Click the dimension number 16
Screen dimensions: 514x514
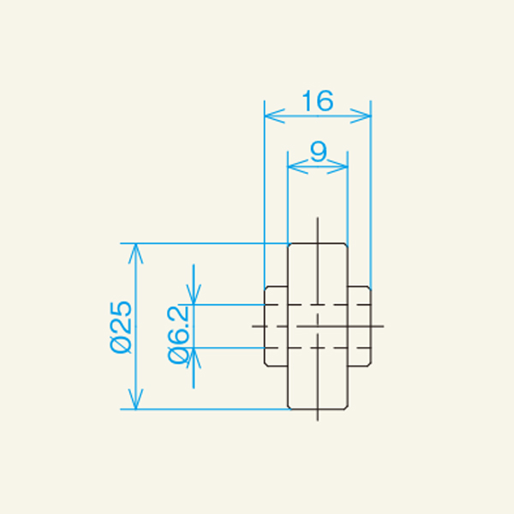pos(317,101)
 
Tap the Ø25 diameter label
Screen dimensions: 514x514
pos(121,326)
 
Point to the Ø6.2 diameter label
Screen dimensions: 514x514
pos(178,334)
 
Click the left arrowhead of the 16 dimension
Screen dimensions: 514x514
pos(269,113)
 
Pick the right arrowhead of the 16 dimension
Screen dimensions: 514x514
pos(366,113)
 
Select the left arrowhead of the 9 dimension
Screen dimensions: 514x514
pos(292,165)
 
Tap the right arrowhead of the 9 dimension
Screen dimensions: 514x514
pos(343,165)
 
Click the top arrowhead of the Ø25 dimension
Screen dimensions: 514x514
pos(134,249)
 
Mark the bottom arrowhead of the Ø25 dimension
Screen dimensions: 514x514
pos(134,403)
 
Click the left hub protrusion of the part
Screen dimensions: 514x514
pos(275,326)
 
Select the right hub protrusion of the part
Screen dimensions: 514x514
pos(359,326)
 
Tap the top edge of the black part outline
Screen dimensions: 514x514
pos(317,243)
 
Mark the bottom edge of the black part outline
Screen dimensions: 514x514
pos(317,409)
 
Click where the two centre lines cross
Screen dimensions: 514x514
pos(317,326)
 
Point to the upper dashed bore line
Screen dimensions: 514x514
pos(317,305)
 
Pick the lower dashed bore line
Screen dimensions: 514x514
pos(317,348)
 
